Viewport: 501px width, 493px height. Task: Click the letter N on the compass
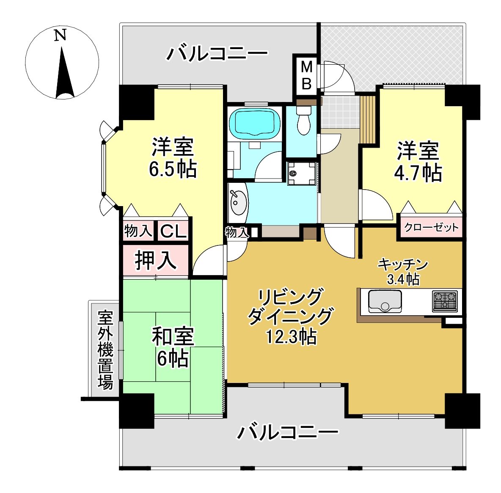pos(60,35)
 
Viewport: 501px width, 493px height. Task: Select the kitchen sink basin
pos(385,301)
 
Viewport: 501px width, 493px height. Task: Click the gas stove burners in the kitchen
pos(445,301)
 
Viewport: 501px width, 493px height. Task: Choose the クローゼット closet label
pos(431,228)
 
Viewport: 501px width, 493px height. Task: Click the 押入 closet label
pos(156,260)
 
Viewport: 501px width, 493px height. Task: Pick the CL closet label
pos(173,231)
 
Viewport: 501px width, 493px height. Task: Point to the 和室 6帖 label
pos(173,347)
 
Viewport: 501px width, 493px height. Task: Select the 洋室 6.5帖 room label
pos(173,157)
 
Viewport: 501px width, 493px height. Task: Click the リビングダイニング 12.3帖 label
pos(290,316)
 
